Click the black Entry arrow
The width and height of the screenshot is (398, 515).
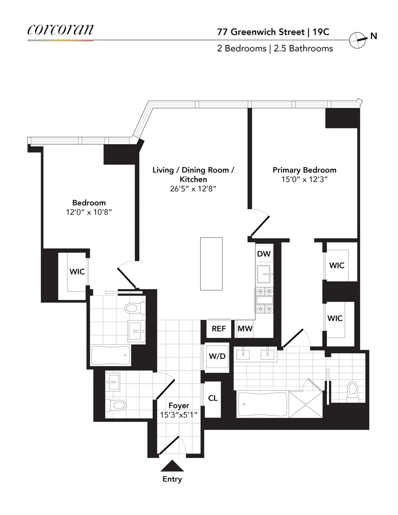point(172,466)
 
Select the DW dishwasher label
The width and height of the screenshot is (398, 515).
point(264,254)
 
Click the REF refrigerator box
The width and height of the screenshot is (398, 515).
point(219,329)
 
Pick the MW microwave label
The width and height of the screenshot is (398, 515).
point(245,329)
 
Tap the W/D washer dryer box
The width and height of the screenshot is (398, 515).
point(217,356)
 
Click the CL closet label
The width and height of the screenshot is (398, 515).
point(213,398)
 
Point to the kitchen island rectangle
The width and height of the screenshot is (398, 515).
point(211,264)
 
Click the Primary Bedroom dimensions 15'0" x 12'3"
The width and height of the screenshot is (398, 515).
point(304,180)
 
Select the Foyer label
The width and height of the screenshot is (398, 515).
point(179,405)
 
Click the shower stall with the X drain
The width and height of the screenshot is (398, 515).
point(305,404)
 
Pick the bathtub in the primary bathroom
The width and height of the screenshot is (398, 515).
point(262,404)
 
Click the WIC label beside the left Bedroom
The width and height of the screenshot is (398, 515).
point(77,272)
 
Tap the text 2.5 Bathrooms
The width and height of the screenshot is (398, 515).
point(303,49)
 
